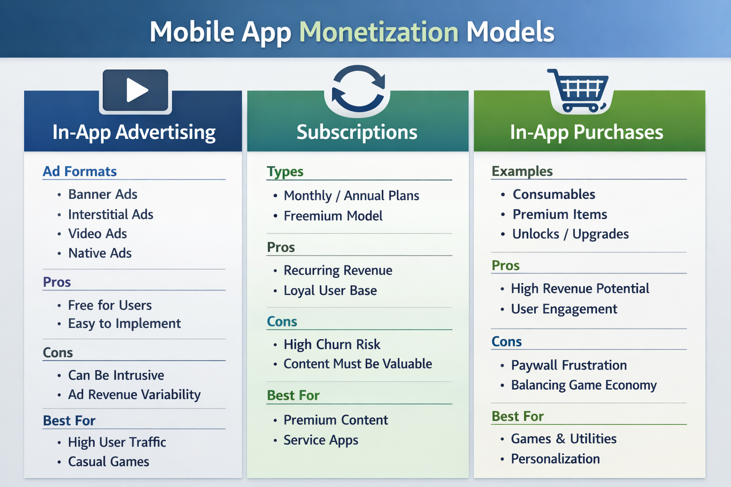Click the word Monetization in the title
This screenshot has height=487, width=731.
coord(378,32)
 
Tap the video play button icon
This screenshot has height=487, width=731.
coord(136,90)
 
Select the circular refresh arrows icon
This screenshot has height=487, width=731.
coord(358,88)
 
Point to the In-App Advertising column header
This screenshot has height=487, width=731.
coord(134,132)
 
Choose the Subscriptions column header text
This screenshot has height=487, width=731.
coord(357,132)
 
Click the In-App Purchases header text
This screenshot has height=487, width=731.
coord(586,132)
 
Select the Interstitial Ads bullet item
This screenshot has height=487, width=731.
coord(110,214)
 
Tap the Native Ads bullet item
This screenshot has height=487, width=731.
coord(100,253)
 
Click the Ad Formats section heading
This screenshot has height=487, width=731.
coord(80,171)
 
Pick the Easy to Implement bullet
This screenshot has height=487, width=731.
coord(124,324)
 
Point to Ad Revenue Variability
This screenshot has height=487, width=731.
coord(134,395)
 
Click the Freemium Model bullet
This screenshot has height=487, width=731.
coord(333,216)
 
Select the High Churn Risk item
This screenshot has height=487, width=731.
coord(332,344)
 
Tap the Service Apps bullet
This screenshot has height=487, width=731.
coord(321,440)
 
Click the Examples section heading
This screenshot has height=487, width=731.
coord(522,171)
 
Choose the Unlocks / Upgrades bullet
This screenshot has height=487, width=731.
coord(571,234)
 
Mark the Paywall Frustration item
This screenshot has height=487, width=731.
coord(569,365)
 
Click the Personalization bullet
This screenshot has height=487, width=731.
coord(555,459)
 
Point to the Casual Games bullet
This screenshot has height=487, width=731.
coord(109,462)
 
